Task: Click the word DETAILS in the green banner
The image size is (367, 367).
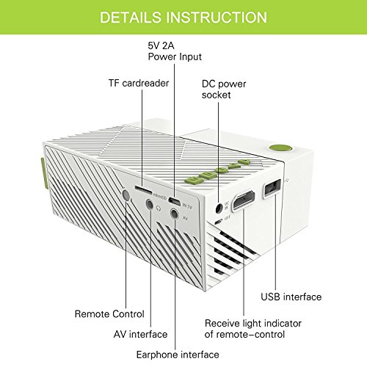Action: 131,17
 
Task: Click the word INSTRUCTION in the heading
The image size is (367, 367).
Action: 217,17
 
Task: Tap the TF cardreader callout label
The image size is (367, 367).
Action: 139,83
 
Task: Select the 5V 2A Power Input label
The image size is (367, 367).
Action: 175,51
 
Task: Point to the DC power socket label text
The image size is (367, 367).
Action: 224,90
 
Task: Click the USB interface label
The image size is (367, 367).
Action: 291,297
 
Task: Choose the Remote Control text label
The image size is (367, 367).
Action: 109,314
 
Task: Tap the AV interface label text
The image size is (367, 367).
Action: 140,334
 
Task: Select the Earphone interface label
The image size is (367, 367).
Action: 178,355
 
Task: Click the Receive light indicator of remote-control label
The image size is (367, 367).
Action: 253,329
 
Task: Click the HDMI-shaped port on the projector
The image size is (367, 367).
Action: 244,200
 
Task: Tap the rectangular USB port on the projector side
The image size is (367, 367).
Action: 272,188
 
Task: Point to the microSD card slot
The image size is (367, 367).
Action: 143,189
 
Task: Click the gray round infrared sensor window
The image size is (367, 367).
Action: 126,195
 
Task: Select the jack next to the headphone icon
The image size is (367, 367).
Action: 150,204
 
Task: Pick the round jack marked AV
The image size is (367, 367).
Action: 175,214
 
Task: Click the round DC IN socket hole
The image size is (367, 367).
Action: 219,208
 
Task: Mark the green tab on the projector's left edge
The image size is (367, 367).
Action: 43,173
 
